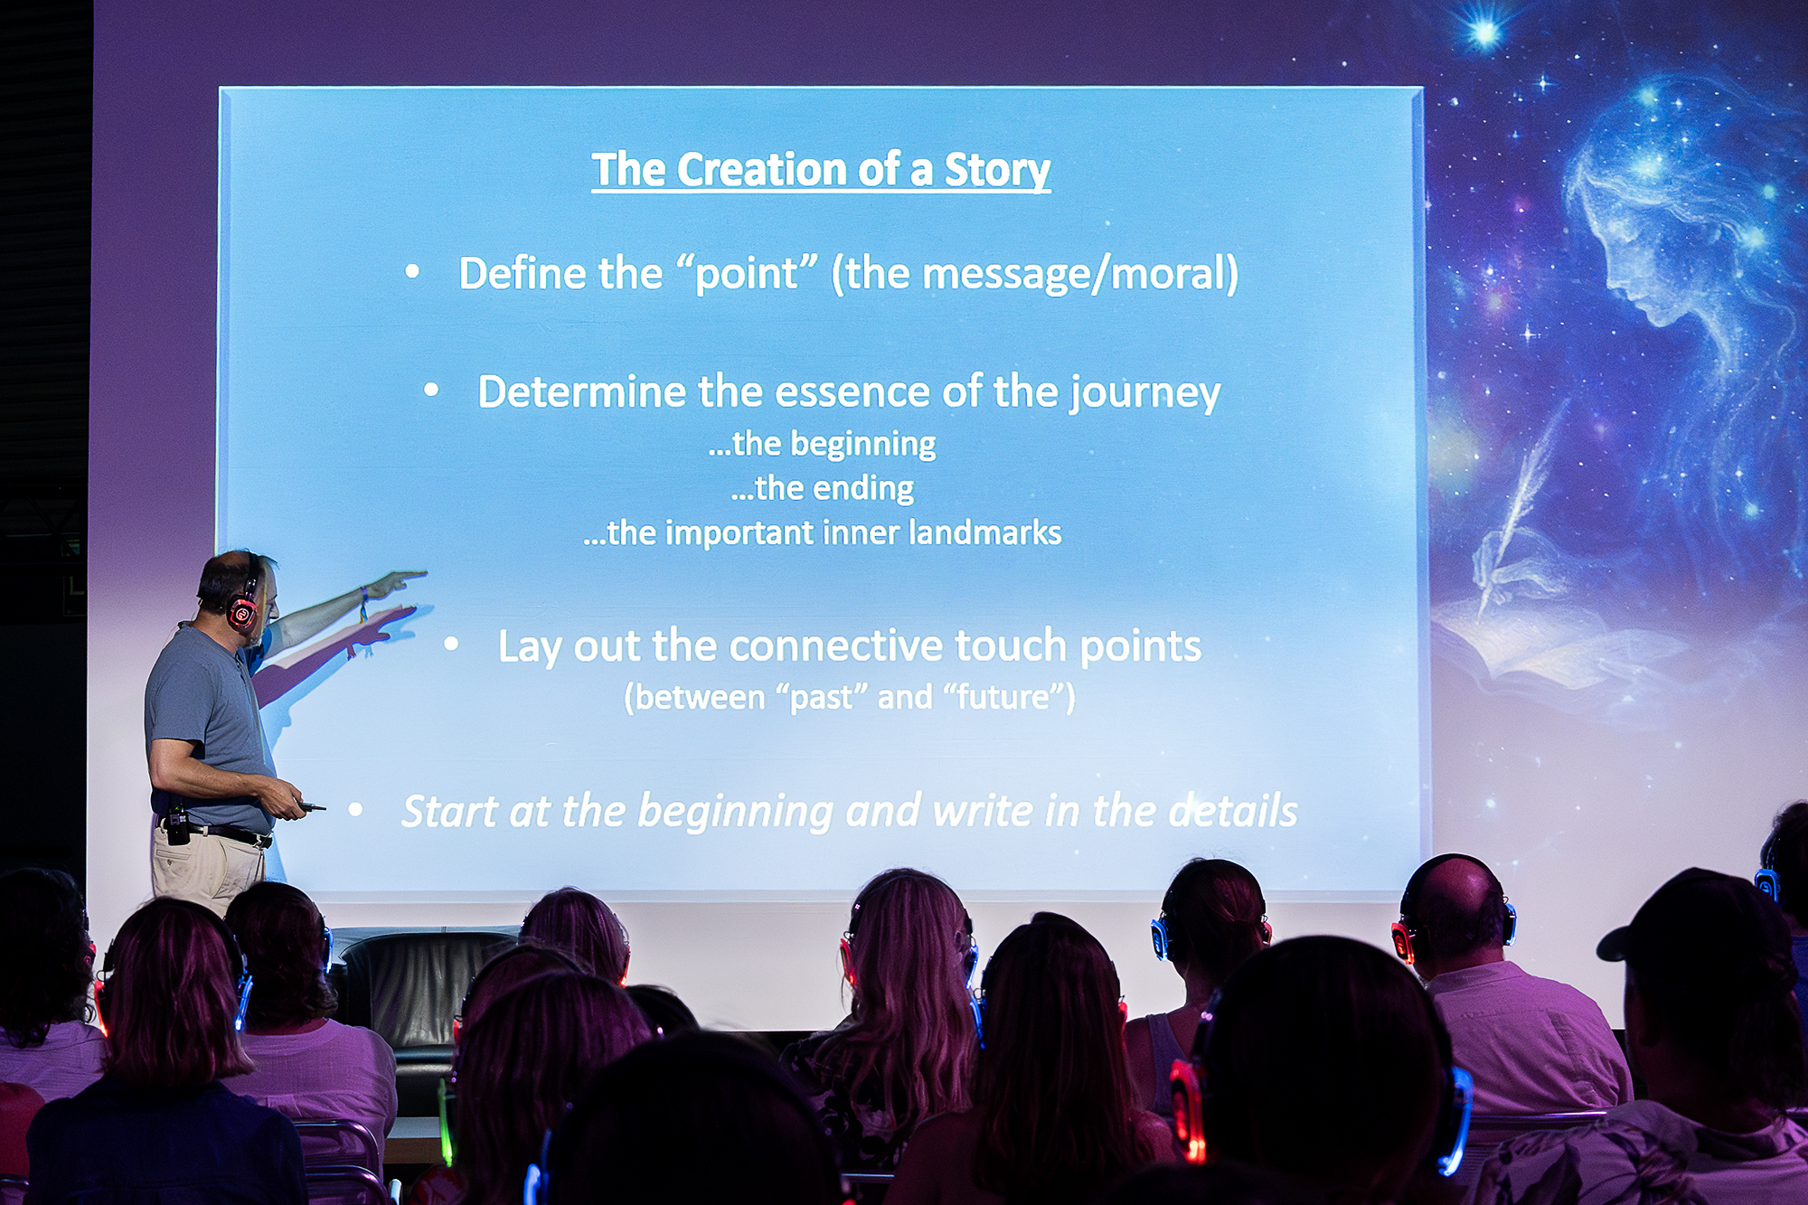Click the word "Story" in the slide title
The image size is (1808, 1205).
(x=997, y=171)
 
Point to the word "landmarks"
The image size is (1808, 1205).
(x=984, y=532)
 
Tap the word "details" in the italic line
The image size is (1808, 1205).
(x=1233, y=810)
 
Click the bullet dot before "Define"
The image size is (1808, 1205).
(x=412, y=270)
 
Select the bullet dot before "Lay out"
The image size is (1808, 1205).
(x=451, y=644)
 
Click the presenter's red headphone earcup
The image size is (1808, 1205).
(x=241, y=612)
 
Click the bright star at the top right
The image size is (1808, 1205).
(x=1483, y=33)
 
